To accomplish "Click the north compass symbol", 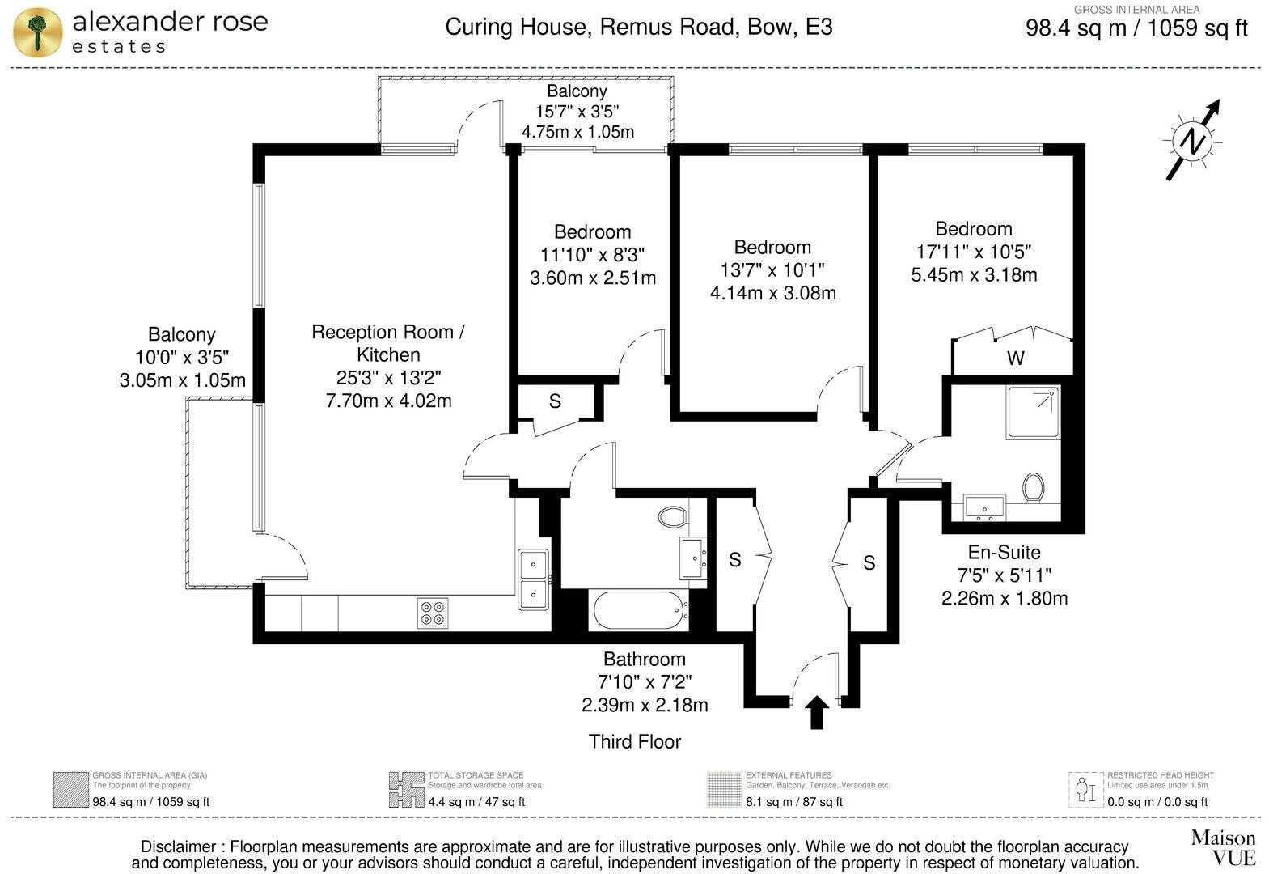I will tap(1192, 142).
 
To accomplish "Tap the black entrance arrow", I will tap(817, 712).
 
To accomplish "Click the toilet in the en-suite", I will tap(1033, 487).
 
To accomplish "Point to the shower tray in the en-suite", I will tap(1033, 413).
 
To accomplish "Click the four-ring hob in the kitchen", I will tap(433, 613).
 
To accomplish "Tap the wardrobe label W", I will tap(1015, 358).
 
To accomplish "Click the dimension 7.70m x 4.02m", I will tap(388, 400).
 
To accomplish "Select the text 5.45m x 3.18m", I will tap(974, 274).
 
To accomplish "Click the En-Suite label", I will tap(1004, 552).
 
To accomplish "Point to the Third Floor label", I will tap(635, 741).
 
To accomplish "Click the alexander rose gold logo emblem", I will tap(37, 32).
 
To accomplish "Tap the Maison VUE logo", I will tap(1222, 846).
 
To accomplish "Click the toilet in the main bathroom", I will tap(673, 515).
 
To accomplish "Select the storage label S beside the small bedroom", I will tap(555, 401).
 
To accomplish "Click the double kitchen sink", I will tap(533, 579).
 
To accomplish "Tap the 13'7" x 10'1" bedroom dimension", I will tap(772, 269).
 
